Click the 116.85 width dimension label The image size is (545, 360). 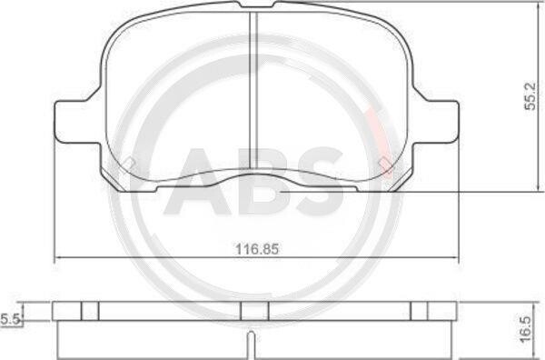257,249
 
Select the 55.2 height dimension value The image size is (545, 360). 530,96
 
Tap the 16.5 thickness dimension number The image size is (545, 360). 526,329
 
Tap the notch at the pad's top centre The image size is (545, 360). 256,5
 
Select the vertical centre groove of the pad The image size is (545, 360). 253,90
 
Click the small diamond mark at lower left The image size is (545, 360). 129,162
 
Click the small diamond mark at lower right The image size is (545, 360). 385,163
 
